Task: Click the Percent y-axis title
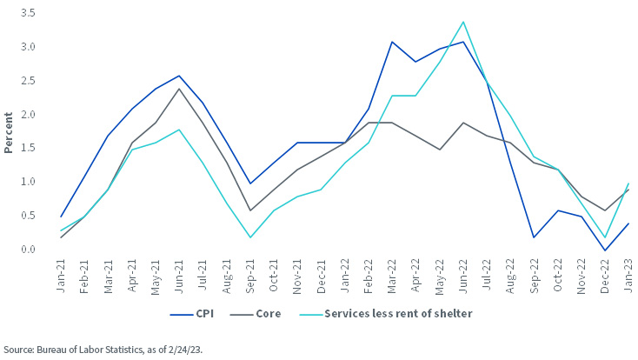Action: [x=9, y=131]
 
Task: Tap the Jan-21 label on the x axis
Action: [x=62, y=276]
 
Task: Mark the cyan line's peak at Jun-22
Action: [x=463, y=22]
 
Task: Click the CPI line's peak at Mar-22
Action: [x=392, y=42]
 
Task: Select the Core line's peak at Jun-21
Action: [x=179, y=89]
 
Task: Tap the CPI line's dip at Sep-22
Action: [x=533, y=237]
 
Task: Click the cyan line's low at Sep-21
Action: [x=249, y=237]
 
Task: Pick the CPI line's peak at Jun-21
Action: [x=179, y=76]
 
